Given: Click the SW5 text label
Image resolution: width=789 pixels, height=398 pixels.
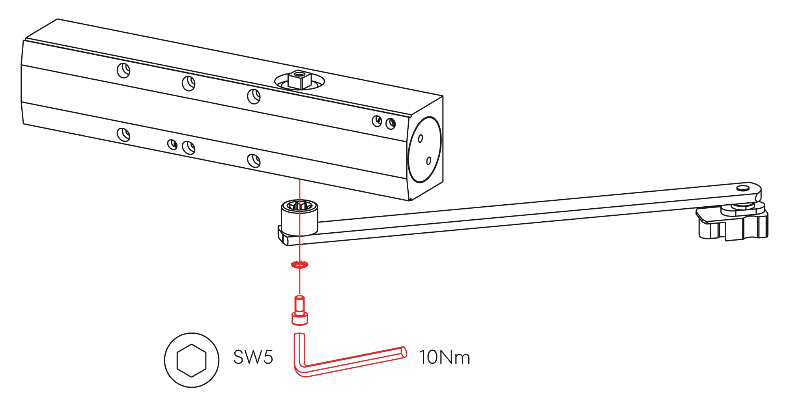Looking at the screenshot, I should coord(253,357).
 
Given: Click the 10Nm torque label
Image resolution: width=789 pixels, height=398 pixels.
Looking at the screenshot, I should coord(445,358).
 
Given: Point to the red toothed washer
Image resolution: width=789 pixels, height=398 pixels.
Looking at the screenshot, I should coord(299,265).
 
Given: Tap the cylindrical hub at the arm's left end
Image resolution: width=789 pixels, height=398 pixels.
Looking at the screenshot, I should coord(299,219).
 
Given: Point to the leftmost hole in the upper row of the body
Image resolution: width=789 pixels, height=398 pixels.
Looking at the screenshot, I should coord(124,70).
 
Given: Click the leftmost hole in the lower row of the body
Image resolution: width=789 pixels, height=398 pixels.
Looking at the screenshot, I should coord(124,135).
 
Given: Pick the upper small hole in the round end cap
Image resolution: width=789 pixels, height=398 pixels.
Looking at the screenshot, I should coord(420,138).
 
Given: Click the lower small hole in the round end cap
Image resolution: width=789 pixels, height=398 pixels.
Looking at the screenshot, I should coord(429,160).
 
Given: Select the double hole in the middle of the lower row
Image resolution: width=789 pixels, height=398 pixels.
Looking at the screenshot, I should coord(182,146).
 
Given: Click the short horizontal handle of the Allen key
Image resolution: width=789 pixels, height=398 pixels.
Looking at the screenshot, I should coord(355,361).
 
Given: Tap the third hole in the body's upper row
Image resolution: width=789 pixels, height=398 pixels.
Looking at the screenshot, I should coord(254,95).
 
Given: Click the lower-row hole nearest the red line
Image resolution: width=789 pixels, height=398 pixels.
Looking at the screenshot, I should coord(254,160).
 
